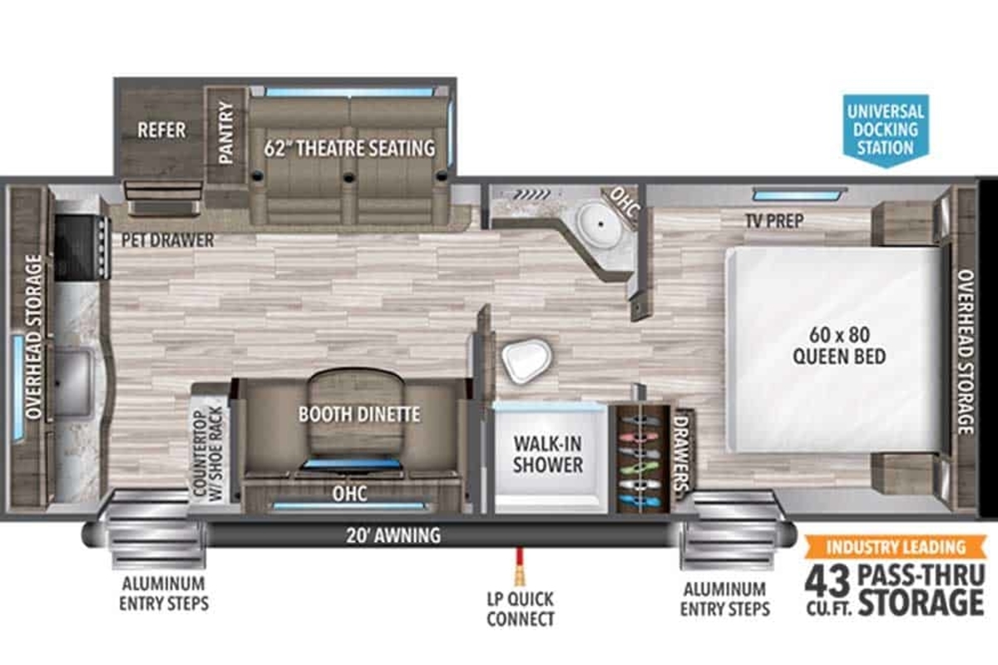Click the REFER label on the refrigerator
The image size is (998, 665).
(161, 130)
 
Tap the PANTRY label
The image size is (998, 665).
(226, 132)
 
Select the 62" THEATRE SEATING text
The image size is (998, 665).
(349, 148)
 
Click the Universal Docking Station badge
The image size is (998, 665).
(886, 130)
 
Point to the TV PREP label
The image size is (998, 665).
(775, 220)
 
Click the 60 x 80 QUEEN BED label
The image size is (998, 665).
(839, 346)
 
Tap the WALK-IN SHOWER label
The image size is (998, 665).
(548, 455)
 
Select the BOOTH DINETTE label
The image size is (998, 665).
(359, 415)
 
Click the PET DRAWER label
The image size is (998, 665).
(167, 240)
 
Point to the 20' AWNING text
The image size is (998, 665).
(393, 535)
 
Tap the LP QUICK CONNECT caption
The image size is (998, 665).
(521, 608)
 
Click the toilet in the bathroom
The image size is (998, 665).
(526, 360)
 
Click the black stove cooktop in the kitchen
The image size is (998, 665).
(82, 247)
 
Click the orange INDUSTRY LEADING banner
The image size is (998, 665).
(896, 546)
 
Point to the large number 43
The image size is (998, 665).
(828, 582)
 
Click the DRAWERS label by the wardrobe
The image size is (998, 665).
(681, 453)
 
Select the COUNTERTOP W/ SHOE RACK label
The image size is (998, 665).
(208, 453)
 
